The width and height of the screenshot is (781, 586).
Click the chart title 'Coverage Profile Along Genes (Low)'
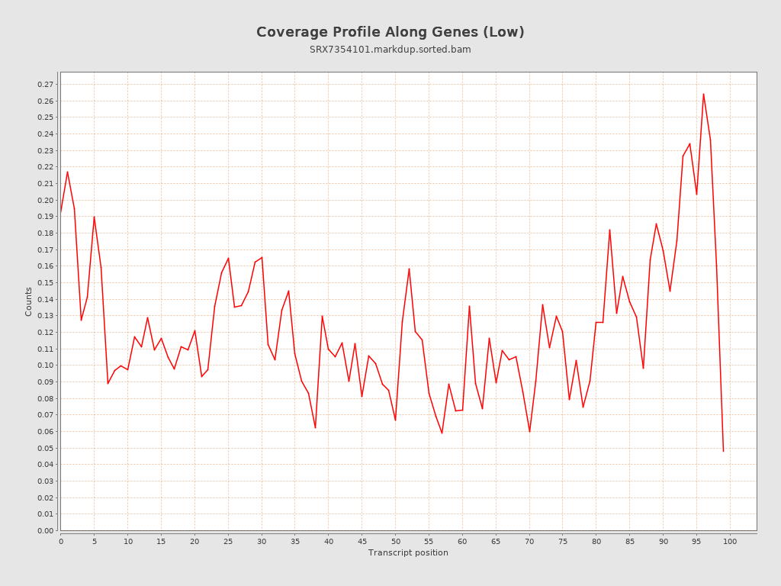point(390,32)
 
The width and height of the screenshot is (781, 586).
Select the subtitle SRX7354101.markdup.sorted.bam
point(390,50)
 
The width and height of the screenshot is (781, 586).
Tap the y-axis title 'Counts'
point(29,301)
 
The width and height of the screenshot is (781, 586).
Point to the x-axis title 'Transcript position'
point(408,552)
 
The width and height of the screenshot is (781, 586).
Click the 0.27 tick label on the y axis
point(45,85)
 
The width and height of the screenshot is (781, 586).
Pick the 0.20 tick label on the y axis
point(45,201)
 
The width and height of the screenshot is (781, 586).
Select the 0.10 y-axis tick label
point(45,365)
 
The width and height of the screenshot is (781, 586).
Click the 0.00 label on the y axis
point(45,530)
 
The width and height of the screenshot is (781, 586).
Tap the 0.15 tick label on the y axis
point(45,283)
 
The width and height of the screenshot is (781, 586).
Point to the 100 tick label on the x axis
point(730,541)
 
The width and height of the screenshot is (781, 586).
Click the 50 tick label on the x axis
point(395,541)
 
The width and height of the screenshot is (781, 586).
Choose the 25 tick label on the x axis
point(228,541)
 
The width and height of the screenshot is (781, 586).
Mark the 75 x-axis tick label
point(563,541)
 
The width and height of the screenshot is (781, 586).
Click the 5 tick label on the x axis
point(94,541)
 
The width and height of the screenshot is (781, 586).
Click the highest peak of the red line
point(703,94)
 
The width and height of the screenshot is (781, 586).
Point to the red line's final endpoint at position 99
point(723,451)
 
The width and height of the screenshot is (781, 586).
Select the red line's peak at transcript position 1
point(67,172)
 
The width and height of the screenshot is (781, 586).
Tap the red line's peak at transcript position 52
point(409,269)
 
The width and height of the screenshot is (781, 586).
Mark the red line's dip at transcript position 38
point(315,427)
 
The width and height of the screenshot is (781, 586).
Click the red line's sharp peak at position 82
point(609,230)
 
